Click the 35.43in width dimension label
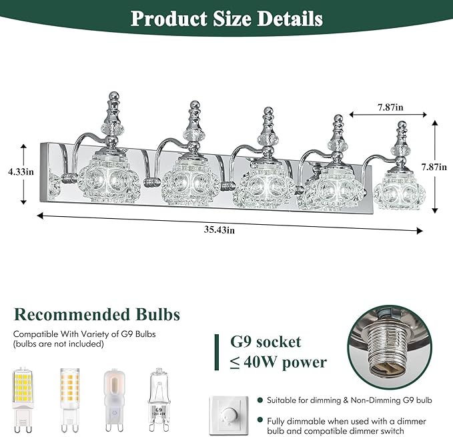pos(219,230)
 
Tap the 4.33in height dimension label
pos(21,172)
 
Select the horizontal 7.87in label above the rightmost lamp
pos(390,107)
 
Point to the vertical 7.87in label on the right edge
pos(434,167)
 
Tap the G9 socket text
pos(266,342)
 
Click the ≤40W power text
pos(278,362)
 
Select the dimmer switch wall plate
pos(229,416)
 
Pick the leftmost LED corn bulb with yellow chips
pos(23,400)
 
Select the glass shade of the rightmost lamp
pos(399,190)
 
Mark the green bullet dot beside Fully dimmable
pos(260,420)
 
